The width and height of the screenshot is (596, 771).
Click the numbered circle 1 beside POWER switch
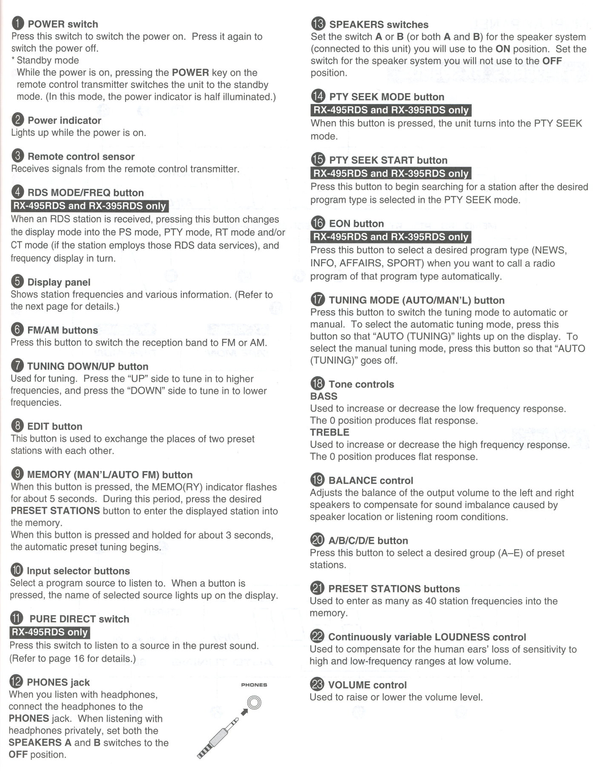[x=18, y=24]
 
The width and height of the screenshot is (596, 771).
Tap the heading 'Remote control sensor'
[x=81, y=156]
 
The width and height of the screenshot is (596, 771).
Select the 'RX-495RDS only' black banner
[x=49, y=632]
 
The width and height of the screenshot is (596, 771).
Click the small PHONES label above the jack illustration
[x=254, y=685]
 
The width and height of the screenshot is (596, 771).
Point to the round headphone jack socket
[x=255, y=702]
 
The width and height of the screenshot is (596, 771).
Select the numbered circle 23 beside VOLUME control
[x=318, y=684]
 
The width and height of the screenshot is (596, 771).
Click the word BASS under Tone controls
[x=324, y=396]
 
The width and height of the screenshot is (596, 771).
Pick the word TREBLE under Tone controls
[x=330, y=432]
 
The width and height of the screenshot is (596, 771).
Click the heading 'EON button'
[x=356, y=224]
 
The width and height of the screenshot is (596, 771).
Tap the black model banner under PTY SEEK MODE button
[x=391, y=110]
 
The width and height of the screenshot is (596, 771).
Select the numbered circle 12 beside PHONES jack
[x=16, y=682]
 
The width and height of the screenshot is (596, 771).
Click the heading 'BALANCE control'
[x=371, y=480]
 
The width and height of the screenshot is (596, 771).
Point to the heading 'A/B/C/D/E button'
[x=368, y=540]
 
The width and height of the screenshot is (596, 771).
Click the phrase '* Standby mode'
[x=45, y=60]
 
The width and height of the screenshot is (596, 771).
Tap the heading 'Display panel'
[x=59, y=282]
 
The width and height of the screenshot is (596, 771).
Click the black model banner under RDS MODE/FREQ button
[x=89, y=206]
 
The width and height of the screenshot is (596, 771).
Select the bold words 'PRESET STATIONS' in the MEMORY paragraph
[x=55, y=511]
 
